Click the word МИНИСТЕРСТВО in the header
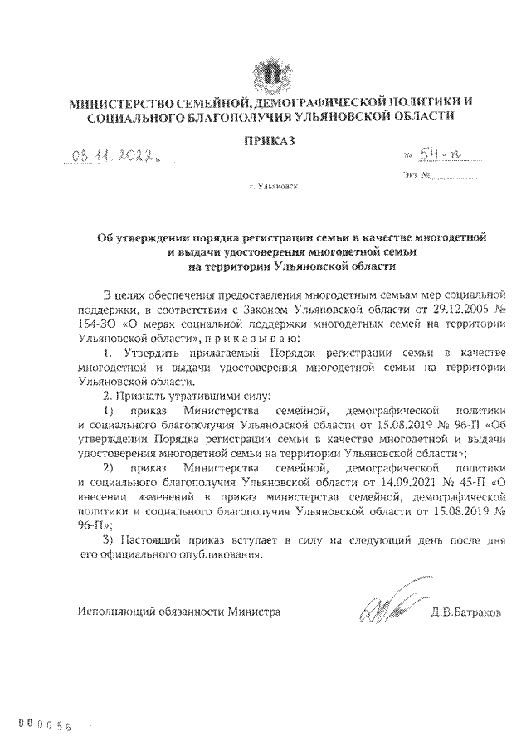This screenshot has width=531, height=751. (x=119, y=102)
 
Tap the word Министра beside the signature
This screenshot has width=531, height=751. (x=254, y=612)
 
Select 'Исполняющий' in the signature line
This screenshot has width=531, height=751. (x=111, y=612)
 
